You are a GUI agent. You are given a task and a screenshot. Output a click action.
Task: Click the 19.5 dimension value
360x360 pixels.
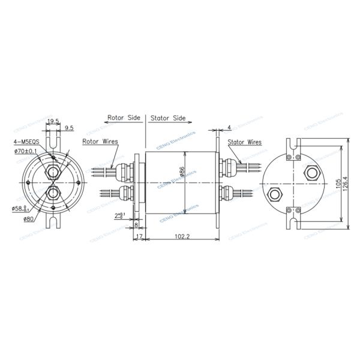tap(53, 122)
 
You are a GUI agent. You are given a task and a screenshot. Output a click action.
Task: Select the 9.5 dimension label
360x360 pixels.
tap(69, 128)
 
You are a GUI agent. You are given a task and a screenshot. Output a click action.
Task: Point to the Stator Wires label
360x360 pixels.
tap(245, 143)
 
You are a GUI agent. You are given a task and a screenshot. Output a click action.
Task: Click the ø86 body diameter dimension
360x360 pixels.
tap(182, 160)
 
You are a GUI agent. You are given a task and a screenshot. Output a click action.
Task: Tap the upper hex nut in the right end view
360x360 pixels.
tap(311, 172)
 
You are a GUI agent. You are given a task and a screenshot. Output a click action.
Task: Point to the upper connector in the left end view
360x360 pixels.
tap(53, 172)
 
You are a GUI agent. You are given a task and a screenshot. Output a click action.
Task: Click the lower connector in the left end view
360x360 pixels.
tap(53, 194)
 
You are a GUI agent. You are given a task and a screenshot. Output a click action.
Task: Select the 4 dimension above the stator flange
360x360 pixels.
tap(229, 127)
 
